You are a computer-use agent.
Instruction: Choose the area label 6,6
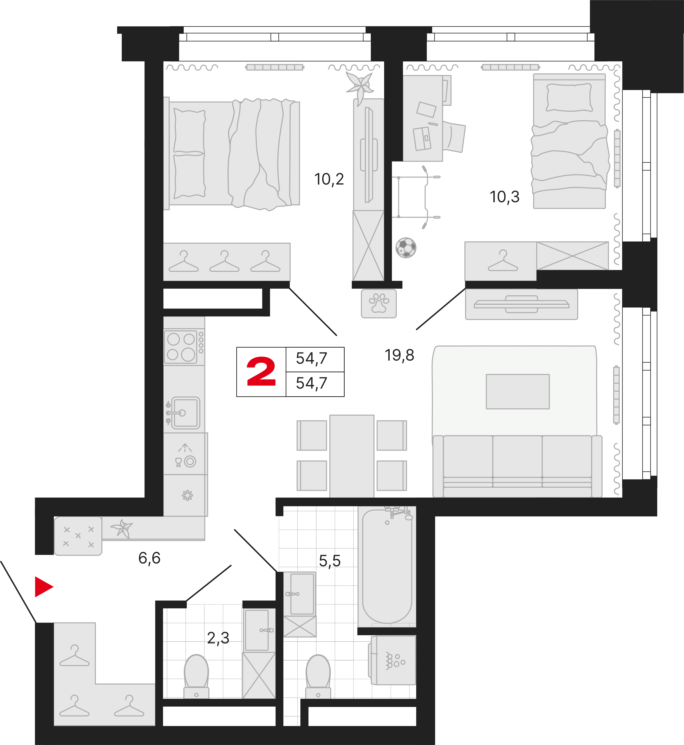149,558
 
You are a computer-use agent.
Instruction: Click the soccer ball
406,247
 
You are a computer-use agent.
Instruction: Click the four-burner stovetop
181,347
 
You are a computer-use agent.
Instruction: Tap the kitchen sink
185,412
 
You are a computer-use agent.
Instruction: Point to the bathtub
387,566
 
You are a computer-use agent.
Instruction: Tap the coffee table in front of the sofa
517,391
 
